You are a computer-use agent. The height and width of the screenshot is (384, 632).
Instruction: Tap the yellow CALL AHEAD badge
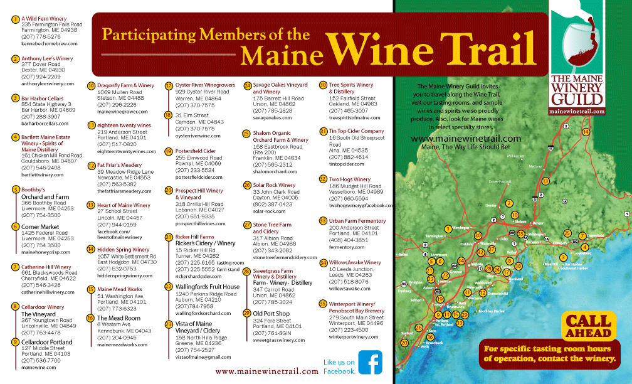[x=588, y=325]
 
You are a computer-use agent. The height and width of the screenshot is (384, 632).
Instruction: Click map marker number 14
[x=586, y=132]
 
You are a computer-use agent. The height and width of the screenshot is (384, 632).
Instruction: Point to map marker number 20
[x=404, y=343]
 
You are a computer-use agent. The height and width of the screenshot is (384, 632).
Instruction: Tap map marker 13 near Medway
[x=545, y=181]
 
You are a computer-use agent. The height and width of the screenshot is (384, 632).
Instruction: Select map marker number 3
[x=563, y=257]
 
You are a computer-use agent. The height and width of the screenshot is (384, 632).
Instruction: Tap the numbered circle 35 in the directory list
[x=323, y=303]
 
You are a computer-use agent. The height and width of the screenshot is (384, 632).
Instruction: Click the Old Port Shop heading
[x=271, y=312]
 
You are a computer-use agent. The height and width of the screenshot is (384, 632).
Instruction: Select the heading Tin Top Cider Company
[x=356, y=131]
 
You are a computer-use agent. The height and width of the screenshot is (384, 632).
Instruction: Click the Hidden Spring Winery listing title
[x=123, y=249]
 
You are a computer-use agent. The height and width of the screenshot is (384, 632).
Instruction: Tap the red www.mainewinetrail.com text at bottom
[x=266, y=371]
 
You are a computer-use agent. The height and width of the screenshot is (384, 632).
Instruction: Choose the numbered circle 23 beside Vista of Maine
[x=169, y=324]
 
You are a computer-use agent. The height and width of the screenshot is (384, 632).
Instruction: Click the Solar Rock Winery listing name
[x=274, y=185]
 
